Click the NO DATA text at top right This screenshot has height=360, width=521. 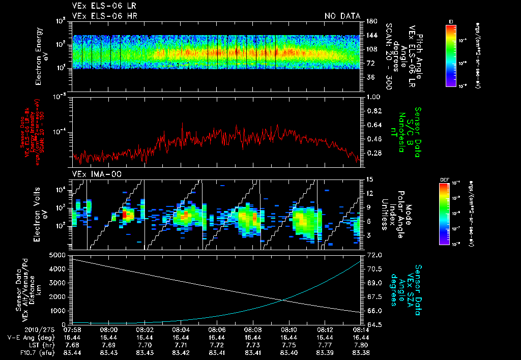(x=342, y=16)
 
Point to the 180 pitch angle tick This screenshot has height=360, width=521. (x=371, y=21)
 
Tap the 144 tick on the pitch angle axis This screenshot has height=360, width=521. (x=371, y=35)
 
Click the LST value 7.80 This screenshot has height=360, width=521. (x=362, y=345)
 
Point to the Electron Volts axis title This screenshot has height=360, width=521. (x=42, y=210)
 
